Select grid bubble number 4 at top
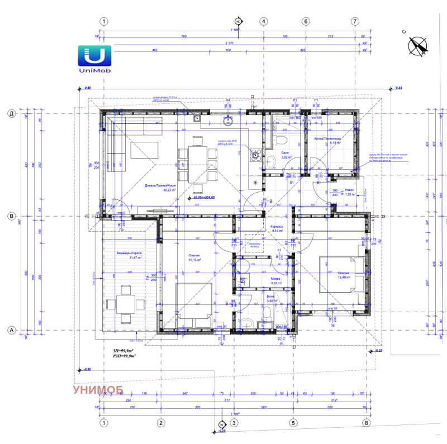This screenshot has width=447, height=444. pyautogui.click(x=263, y=21)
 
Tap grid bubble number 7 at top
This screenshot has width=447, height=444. pyautogui.click(x=354, y=21)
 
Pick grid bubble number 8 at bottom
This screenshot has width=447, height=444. pyautogui.click(x=367, y=423)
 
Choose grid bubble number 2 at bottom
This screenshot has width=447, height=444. pyautogui.click(x=160, y=423)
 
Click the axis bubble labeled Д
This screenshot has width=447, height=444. pyautogui.click(x=11, y=114)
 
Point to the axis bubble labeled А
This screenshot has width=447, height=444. pyautogui.click(x=11, y=331)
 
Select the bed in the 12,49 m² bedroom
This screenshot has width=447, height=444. pyautogui.click(x=337, y=274)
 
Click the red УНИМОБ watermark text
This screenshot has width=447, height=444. pyautogui.click(x=101, y=390)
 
